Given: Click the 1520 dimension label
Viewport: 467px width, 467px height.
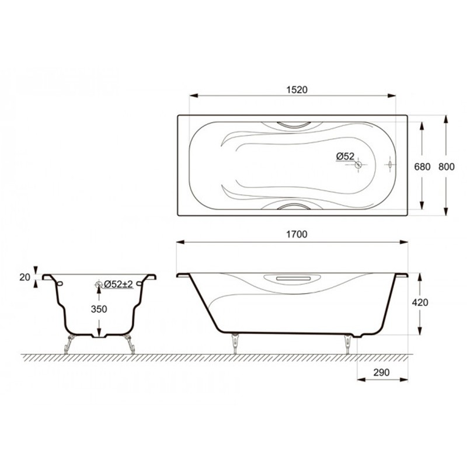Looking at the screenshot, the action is tap(297, 90).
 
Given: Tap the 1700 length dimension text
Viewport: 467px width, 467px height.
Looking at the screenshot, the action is tap(297, 235).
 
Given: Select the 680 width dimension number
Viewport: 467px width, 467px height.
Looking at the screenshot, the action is tap(422, 167).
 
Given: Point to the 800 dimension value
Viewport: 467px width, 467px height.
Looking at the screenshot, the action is tap(447, 167).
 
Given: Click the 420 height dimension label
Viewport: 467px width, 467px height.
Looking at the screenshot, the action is tap(420, 302).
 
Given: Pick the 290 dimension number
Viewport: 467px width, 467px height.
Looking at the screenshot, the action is tap(381, 372).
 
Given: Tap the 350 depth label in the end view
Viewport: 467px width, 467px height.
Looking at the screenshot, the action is tap(99, 309).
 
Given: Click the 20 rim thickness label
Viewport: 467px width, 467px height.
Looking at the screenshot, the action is tap(25, 277).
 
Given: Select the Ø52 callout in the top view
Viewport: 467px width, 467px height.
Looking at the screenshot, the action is tap(345, 156).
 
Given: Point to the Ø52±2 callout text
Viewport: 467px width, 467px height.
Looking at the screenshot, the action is tap(119, 284).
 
